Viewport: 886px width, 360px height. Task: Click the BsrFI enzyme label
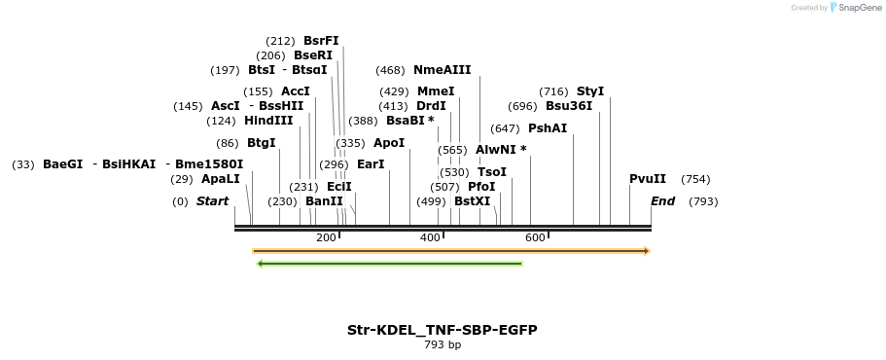[321, 41]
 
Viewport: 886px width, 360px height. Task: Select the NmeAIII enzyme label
[442, 70]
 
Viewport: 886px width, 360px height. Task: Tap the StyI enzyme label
[590, 91]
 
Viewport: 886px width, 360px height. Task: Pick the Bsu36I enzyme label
[568, 106]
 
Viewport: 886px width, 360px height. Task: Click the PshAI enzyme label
[548, 128]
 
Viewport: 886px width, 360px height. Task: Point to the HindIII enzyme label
[268, 121]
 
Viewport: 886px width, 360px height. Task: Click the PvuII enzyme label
[648, 179]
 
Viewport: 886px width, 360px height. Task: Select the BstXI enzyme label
[473, 201]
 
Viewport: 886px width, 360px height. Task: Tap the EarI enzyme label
[371, 164]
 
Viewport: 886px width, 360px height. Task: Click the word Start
[212, 201]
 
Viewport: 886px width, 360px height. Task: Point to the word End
[662, 201]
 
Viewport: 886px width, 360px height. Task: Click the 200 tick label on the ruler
[326, 237]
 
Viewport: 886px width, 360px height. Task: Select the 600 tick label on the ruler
[535, 237]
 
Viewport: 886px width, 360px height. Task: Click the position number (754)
[695, 179]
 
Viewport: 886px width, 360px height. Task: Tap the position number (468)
[390, 70]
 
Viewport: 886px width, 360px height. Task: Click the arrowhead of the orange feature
[646, 251]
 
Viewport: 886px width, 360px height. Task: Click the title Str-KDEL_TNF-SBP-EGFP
[443, 330]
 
